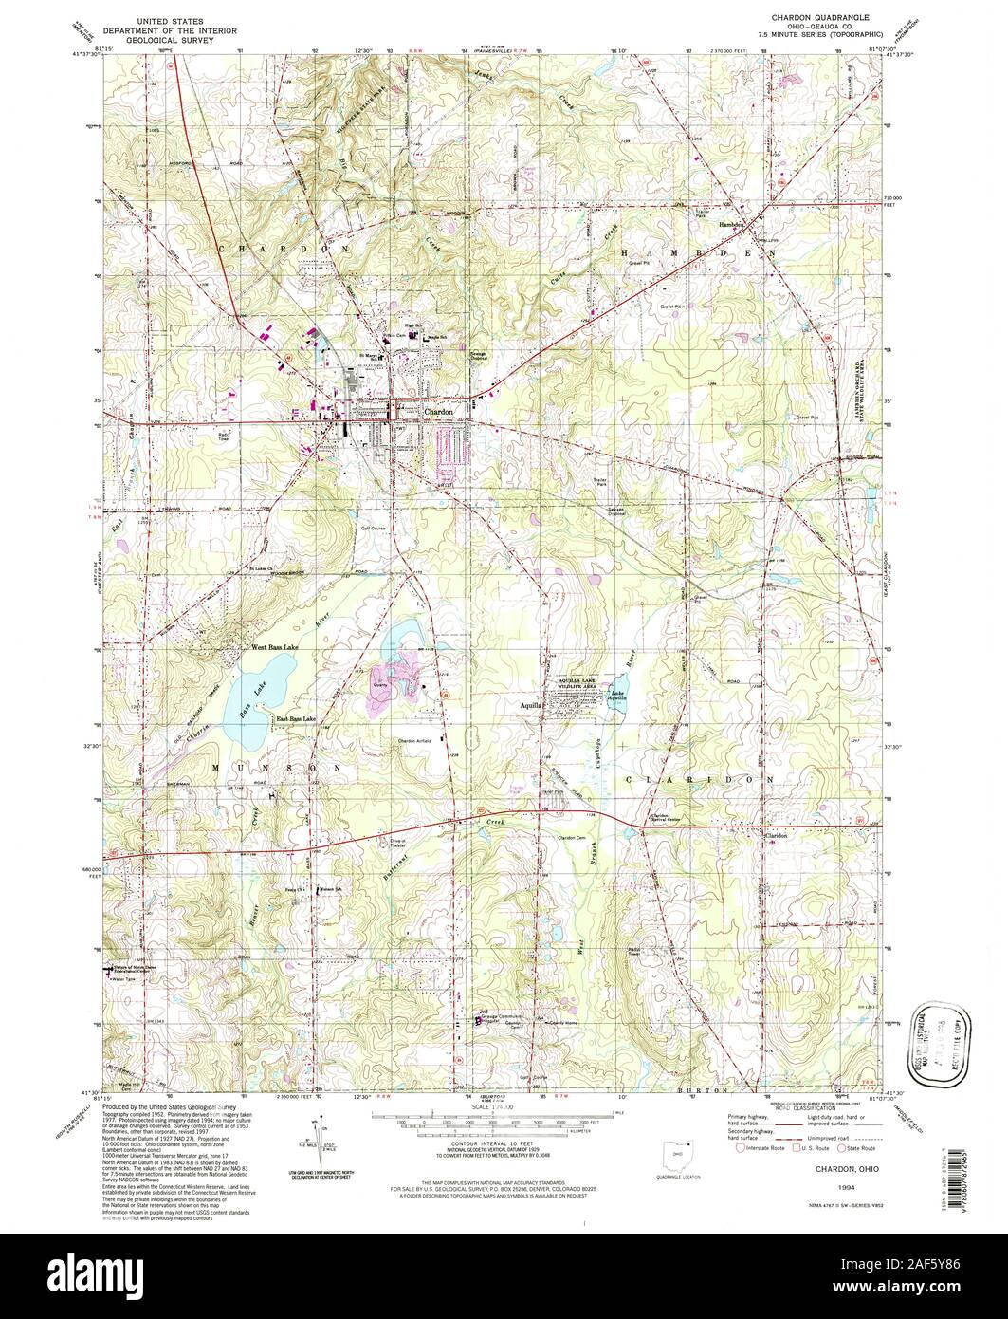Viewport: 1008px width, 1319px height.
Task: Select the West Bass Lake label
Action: click(273, 648)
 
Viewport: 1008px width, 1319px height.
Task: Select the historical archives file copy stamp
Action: click(931, 1031)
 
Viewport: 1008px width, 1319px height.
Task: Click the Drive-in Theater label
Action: click(427, 838)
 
